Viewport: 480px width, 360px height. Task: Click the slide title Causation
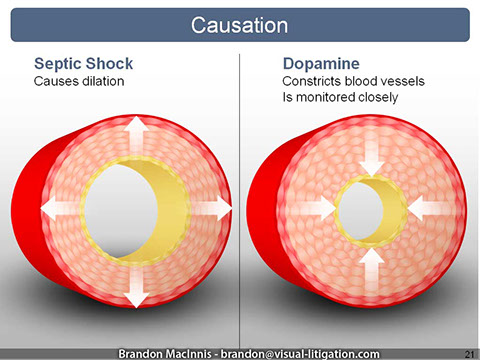click(x=239, y=23)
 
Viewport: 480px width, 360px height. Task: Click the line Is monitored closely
click(x=340, y=98)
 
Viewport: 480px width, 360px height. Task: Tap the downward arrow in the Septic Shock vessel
click(x=136, y=289)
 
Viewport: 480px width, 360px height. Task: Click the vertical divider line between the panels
click(x=240, y=200)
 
